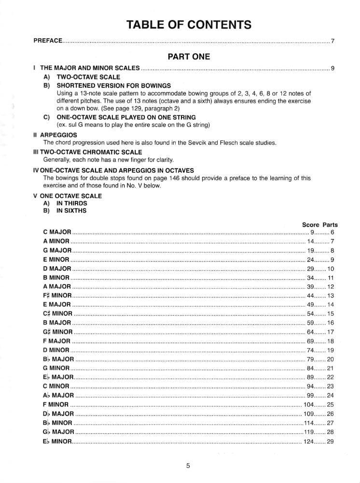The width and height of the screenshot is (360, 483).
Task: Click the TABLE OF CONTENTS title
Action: point(189,25)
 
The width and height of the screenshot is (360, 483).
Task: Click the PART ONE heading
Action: point(189,57)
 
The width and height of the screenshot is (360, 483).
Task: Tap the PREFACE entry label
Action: point(48,41)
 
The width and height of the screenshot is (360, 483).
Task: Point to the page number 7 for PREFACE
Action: point(332,41)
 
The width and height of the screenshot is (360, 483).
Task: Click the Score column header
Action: point(311,225)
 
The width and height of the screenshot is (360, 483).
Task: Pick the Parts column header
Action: point(330,225)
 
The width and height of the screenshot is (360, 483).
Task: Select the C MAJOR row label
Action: point(57,232)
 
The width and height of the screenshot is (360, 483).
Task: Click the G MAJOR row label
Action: point(57,250)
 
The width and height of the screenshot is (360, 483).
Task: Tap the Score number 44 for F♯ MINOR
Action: point(311,296)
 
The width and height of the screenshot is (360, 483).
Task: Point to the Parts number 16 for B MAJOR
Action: point(331,323)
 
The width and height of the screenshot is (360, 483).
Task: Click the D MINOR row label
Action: point(56,350)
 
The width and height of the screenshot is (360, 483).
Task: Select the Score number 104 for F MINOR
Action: point(309,404)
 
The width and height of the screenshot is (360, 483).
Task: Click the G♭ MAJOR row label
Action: point(58,431)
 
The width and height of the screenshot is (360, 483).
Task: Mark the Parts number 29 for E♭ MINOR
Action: point(331,441)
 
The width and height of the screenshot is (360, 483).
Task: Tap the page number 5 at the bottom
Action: point(188,466)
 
